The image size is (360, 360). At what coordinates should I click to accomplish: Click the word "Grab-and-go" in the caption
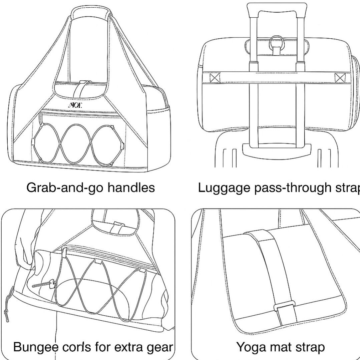coord(65,188)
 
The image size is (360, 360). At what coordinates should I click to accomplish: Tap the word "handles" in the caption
coord(131,188)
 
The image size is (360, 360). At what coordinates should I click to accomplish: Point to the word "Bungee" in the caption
coord(36,347)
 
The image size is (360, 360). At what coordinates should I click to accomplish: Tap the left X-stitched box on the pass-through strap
coord(215,78)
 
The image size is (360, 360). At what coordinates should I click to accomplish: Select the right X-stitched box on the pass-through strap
coord(340,78)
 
